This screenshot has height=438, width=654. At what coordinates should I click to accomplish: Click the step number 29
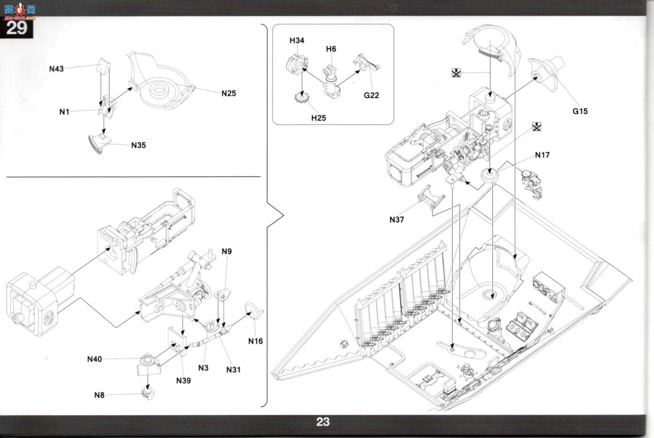pos(17,28)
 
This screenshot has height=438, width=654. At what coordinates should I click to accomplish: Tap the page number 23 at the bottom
pos(323,421)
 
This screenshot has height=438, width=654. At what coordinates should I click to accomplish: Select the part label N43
pos(57,69)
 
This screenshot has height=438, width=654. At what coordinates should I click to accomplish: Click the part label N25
pos(228,93)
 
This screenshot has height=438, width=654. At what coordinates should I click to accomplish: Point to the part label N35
pos(138,145)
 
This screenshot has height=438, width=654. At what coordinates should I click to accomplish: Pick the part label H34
pos(297,41)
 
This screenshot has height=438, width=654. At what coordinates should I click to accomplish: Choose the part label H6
pos(331,49)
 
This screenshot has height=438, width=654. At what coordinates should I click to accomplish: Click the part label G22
pos(372,95)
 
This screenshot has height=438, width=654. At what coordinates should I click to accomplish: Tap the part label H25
pos(319,118)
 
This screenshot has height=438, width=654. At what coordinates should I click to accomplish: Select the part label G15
pos(580,112)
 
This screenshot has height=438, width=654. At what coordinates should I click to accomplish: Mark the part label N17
pos(542,155)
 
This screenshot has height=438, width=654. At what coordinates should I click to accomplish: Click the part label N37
pos(397,220)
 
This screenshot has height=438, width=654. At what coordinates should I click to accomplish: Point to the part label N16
pos(256,341)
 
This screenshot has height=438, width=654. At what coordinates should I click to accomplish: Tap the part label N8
pos(99,395)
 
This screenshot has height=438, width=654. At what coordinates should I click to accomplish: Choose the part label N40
pos(94,359)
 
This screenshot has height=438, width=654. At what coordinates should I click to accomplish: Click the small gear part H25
pos(301,97)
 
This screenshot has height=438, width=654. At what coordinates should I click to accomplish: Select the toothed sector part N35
pos(99,144)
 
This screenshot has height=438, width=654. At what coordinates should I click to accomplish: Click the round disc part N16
pos(254,312)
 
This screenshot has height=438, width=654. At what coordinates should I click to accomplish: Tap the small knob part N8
pos(148,394)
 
